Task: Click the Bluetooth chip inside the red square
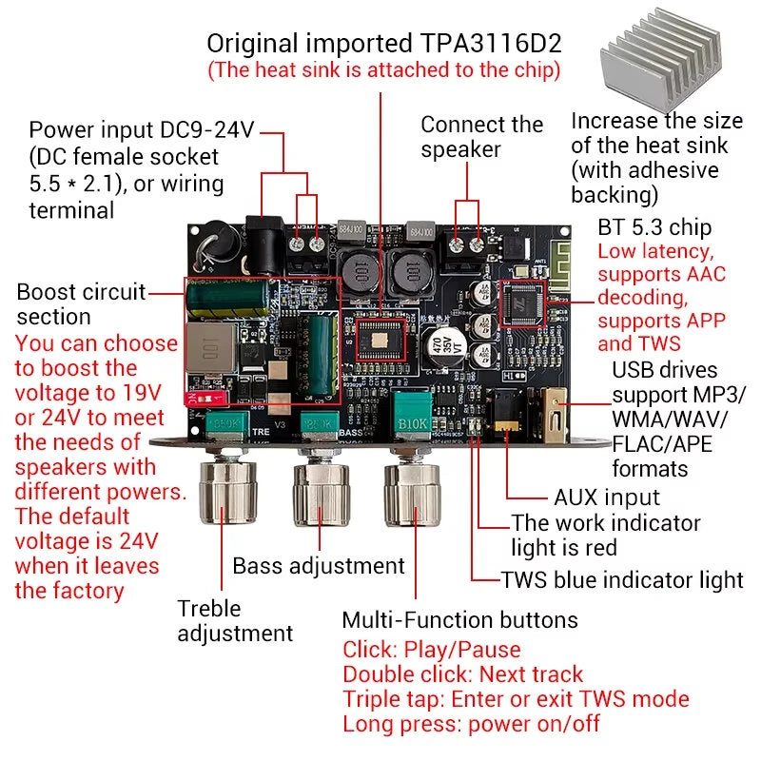click(x=521, y=302)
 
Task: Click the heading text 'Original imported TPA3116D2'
click(x=384, y=43)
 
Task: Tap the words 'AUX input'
click(x=606, y=498)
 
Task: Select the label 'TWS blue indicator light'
click(x=622, y=579)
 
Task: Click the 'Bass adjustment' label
click(x=319, y=566)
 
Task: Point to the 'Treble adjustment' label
click(x=235, y=620)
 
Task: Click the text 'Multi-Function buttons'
click(x=459, y=620)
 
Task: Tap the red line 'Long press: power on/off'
click(x=471, y=724)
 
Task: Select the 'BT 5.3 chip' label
click(x=654, y=227)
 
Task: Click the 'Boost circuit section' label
click(x=81, y=303)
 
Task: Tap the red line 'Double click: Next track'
click(x=462, y=674)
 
